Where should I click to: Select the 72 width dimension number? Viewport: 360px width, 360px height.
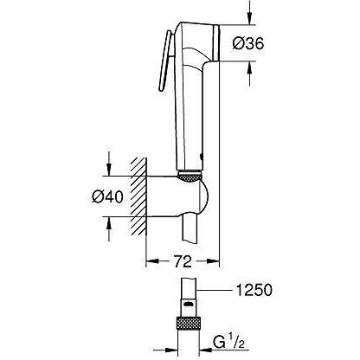pyautogui.click(x=182, y=260)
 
